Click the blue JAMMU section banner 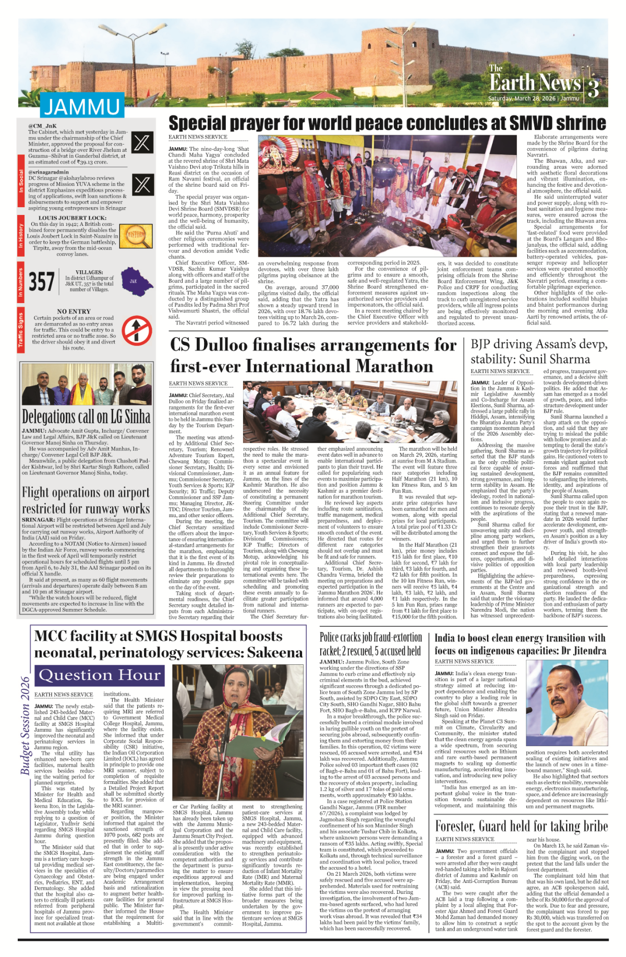pos(82,106)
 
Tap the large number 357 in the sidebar pos(42,282)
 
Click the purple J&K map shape pos(136,282)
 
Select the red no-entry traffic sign pos(137,331)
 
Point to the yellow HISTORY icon pos(136,236)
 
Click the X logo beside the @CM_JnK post pos(142,142)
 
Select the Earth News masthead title pos(535,82)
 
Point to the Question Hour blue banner pos(100,675)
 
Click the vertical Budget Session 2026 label pos(25,725)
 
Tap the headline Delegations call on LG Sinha pos(86,416)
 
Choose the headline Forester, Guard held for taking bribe pos(521,826)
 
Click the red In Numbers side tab pos(21,283)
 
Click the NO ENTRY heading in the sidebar pos(74,312)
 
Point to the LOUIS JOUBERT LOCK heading pos(73,218)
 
